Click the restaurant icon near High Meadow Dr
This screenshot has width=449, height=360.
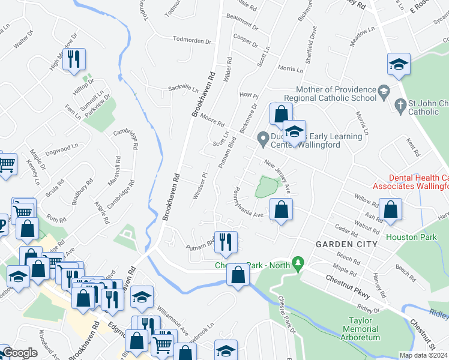(x=74, y=59)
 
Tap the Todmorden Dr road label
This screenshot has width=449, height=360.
(x=192, y=41)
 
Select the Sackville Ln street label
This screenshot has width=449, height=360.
(x=182, y=88)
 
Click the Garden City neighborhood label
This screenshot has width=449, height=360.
(x=347, y=244)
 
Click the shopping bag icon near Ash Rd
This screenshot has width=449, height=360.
(x=390, y=209)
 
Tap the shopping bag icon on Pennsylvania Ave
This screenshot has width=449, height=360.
(x=281, y=209)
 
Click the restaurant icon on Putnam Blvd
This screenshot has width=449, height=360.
(x=226, y=241)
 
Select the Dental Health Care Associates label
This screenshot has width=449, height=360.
(x=418, y=182)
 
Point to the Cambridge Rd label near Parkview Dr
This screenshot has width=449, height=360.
(x=134, y=137)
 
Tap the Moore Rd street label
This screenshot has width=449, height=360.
(x=212, y=119)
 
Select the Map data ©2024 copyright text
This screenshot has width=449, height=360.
(x=423, y=355)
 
